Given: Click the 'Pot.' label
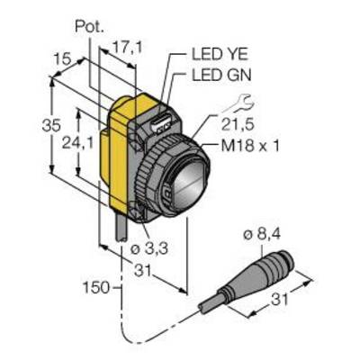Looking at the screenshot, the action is tap(89, 27).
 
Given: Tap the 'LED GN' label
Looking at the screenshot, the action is tap(221, 76).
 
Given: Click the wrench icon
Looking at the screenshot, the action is tap(239, 104).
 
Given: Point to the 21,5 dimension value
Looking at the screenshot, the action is tap(238, 124).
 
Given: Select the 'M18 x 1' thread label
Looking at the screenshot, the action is tap(250, 147).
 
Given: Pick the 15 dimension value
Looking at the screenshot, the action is tap(63, 59).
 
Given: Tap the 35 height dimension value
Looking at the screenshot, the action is tap(51, 126).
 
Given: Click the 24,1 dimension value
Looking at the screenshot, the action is tap(76, 143).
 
